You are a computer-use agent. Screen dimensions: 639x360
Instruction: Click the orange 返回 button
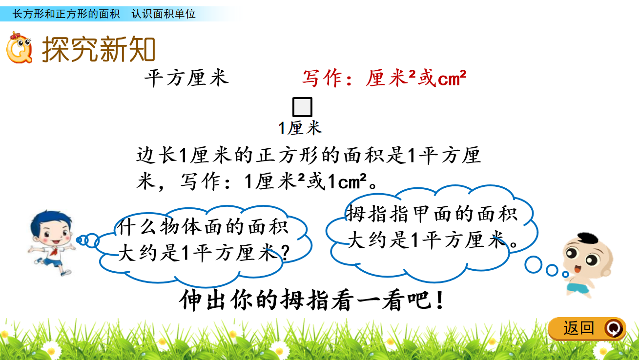point(587,329)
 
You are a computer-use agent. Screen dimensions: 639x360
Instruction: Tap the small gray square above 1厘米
point(302,107)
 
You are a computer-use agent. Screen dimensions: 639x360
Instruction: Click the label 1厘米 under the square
point(300,128)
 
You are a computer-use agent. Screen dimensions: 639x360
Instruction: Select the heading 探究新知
point(99,49)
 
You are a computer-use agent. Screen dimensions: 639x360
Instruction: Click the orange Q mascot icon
point(19,48)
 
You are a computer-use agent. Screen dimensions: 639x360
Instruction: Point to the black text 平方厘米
point(186,78)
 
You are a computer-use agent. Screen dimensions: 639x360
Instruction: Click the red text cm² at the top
point(452,78)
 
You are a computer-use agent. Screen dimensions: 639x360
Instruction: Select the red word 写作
point(322,78)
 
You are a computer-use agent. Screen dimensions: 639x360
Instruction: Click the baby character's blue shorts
point(578,288)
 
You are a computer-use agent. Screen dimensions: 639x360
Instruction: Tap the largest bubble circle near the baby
point(533,265)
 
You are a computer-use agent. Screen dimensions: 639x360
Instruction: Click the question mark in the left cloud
point(286,253)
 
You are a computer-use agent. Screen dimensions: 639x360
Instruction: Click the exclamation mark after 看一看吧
point(440,300)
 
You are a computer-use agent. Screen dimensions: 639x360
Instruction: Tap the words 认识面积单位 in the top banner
point(164,14)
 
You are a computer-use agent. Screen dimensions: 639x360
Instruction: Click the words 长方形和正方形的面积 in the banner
point(66,14)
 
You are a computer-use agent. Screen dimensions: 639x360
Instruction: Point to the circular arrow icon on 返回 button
point(614,329)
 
